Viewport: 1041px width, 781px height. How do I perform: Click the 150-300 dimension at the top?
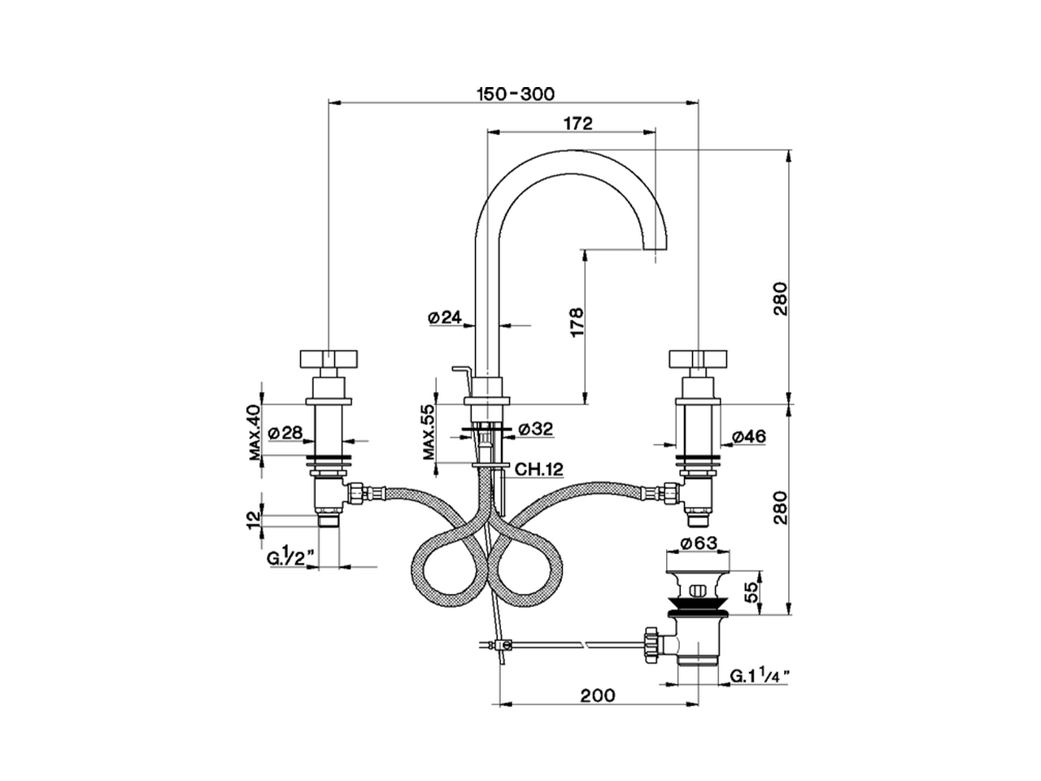click(x=515, y=94)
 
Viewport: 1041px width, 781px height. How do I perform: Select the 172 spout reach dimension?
click(x=577, y=124)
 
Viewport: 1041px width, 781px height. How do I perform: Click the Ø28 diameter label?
click(x=285, y=434)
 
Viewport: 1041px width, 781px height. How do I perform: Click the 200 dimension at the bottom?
click(x=598, y=696)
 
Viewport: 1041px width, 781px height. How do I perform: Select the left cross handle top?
click(x=327, y=358)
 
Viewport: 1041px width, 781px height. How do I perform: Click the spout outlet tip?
click(x=655, y=250)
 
